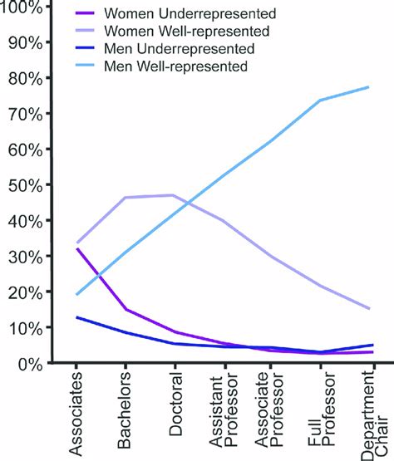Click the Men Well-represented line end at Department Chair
point(369,87)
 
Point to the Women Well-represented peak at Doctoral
point(173,195)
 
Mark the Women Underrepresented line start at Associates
point(76,249)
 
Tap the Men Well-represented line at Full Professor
point(321,101)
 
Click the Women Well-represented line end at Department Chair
point(369,308)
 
